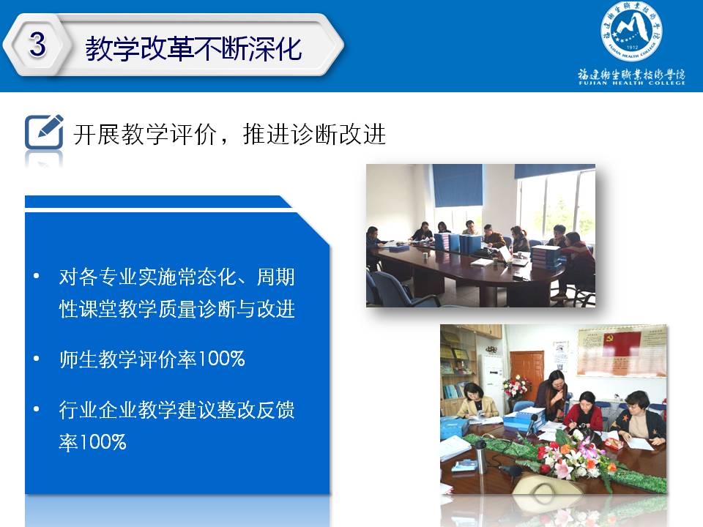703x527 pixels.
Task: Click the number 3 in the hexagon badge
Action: (37, 45)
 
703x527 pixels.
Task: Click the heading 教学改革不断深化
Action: (193, 48)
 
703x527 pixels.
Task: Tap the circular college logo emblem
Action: (631, 31)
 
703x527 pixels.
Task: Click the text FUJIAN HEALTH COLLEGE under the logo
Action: (632, 83)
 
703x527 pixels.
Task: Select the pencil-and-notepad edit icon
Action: (44, 132)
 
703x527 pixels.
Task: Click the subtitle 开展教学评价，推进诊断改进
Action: (229, 134)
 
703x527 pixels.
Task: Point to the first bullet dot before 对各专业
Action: (37, 276)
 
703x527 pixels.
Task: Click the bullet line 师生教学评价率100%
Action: (152, 359)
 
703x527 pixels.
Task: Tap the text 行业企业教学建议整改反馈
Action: (176, 410)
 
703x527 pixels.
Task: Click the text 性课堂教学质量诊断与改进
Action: (176, 309)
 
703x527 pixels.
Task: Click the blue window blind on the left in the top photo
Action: (457, 185)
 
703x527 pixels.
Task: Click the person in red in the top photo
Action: (578, 264)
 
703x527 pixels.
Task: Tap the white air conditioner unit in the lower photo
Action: (492, 381)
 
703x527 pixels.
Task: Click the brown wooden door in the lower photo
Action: (527, 375)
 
